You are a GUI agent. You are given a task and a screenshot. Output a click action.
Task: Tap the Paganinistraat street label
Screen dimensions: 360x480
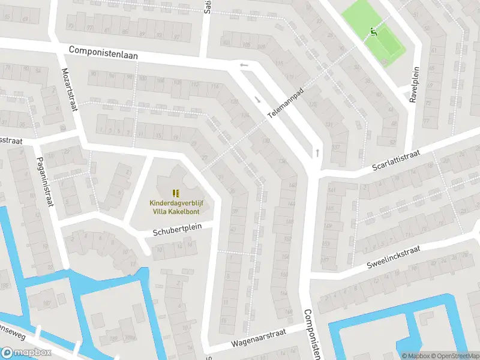(45, 181)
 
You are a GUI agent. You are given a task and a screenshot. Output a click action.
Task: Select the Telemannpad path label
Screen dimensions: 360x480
(286, 99)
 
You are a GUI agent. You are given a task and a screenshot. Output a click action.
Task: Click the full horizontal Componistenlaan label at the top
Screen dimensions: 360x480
(103, 52)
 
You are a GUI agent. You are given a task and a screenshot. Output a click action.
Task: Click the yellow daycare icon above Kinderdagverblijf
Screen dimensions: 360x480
(175, 193)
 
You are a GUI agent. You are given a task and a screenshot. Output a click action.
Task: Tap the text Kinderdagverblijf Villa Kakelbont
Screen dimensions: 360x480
(175, 207)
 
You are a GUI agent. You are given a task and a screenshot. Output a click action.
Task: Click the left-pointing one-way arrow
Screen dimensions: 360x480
(244, 65)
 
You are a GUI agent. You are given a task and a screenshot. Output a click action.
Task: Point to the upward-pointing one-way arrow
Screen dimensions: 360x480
(317, 152)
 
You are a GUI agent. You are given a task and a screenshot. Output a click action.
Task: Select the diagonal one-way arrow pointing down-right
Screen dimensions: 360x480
(258, 100)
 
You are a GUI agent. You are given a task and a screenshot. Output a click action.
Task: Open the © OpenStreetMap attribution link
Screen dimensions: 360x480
(455, 356)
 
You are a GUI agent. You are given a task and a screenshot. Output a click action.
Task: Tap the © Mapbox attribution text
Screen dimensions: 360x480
(416, 356)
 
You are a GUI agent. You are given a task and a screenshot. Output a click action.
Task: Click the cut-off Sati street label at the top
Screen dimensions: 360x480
(208, 7)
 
